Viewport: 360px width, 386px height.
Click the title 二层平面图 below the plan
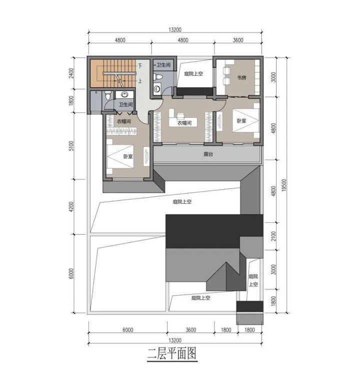[x=172, y=354]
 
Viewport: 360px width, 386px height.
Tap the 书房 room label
[x=241, y=78]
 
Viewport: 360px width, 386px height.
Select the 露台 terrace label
[x=208, y=154]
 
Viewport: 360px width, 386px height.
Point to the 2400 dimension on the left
[x=71, y=73]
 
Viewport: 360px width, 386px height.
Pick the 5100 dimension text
[x=71, y=146]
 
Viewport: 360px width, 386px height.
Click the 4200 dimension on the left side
[x=71, y=207]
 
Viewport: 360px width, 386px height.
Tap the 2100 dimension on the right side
[x=273, y=236]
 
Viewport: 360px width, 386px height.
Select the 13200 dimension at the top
[x=175, y=30]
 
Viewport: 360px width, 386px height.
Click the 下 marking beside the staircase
[x=140, y=66]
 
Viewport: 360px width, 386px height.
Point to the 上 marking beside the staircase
[x=140, y=81]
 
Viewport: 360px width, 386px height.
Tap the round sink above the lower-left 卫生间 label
[x=125, y=94]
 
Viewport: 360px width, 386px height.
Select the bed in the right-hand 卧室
[x=246, y=121]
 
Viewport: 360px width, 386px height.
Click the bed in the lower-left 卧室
[x=120, y=157]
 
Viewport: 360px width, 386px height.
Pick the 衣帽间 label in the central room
[x=184, y=123]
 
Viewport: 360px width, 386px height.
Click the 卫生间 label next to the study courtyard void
[x=163, y=65]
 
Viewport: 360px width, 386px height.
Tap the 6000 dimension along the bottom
[x=127, y=330]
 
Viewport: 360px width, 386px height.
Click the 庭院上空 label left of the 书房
[x=193, y=73]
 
